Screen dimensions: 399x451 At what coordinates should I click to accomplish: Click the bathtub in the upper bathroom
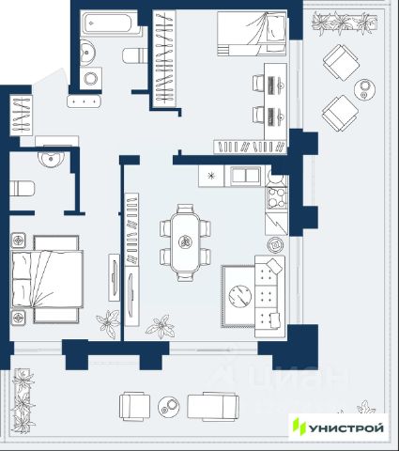point(110,23)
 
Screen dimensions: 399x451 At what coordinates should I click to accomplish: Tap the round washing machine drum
point(91,78)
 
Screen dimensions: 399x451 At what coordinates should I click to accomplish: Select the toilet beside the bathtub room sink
point(135,55)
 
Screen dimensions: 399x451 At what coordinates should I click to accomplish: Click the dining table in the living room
point(185,242)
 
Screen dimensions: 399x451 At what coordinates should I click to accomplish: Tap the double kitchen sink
point(246,176)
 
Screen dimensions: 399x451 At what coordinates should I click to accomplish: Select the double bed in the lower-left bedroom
point(47,279)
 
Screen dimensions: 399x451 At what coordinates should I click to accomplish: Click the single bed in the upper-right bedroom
point(252,34)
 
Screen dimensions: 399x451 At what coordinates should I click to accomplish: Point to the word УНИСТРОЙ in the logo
point(346,428)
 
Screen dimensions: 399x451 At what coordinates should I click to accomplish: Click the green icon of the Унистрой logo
point(299,427)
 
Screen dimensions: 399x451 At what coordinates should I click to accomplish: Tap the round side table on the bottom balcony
point(169,407)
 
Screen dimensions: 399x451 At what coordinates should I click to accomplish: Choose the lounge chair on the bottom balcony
point(213,407)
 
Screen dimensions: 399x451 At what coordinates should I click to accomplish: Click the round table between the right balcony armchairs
point(364,89)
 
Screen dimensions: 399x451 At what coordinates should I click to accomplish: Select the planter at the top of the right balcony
point(345,23)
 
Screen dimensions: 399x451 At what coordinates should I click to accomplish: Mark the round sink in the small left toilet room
point(51,157)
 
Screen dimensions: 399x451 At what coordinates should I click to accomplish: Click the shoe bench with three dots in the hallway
point(84,101)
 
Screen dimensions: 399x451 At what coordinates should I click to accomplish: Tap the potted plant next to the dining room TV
point(160,327)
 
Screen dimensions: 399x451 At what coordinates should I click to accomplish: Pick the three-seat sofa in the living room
point(269,296)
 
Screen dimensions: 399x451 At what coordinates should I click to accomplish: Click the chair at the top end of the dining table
point(185,209)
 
